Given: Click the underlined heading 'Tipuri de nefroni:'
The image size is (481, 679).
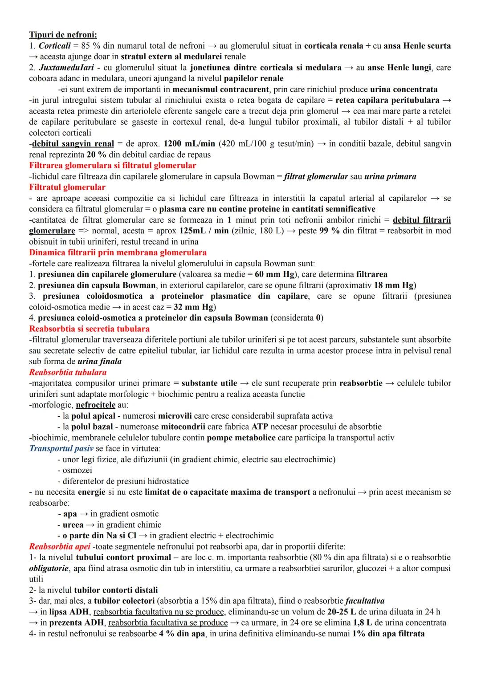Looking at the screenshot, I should pyautogui.click(x=63, y=35).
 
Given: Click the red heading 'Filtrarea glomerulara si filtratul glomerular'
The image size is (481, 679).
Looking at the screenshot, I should pyautogui.click(x=112, y=166).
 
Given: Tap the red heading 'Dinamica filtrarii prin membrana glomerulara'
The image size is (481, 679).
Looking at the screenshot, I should pyautogui.click(x=118, y=252).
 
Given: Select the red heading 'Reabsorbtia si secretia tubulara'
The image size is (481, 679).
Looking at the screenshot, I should pyautogui.click(x=89, y=329).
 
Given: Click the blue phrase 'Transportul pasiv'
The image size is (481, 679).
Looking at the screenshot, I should pyautogui.click(x=61, y=448).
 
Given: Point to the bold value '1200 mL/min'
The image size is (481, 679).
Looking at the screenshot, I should pyautogui.click(x=189, y=144).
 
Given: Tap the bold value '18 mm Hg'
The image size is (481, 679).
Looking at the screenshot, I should pyautogui.click(x=394, y=285).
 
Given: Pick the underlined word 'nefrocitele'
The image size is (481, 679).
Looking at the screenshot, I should pyautogui.click(x=95, y=405).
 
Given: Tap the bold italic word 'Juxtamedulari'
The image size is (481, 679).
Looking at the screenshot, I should pyautogui.click(x=67, y=68).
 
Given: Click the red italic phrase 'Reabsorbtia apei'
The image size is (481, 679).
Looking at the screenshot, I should pyautogui.click(x=60, y=546).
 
